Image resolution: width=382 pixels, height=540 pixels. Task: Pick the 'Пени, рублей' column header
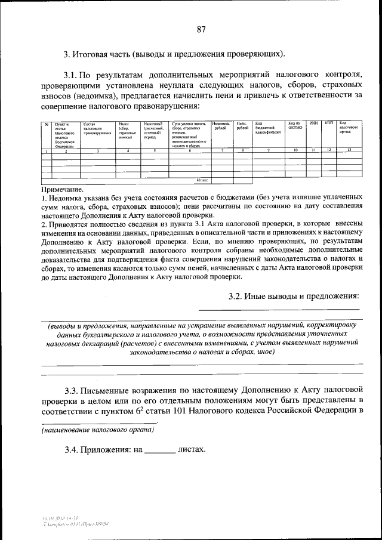[242, 126]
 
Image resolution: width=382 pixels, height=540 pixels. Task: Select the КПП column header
[328, 123]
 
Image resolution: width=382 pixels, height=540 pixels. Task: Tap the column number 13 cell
[349, 150]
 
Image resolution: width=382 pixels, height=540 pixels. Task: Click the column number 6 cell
[190, 150]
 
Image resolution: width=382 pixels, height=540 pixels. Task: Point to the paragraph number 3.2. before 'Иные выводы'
[239, 296]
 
